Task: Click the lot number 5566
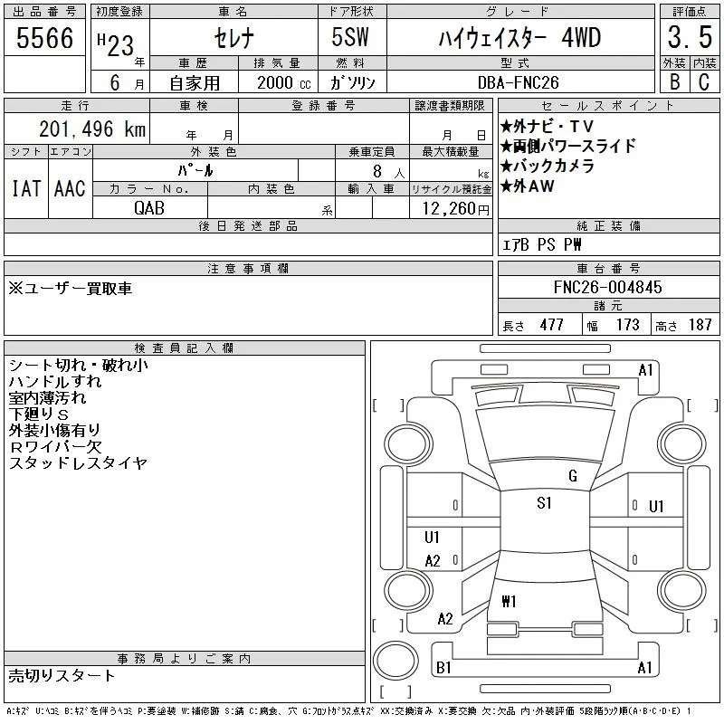tap(44, 37)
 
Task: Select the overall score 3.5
tap(690, 37)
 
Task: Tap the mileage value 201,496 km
tap(92, 129)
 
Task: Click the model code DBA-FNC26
tap(518, 82)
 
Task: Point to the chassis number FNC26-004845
tap(607, 287)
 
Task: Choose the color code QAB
tap(149, 208)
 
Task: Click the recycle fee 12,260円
tap(455, 209)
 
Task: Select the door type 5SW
tap(350, 37)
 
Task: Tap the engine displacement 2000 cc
tap(283, 82)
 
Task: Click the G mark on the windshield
tap(573, 476)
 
